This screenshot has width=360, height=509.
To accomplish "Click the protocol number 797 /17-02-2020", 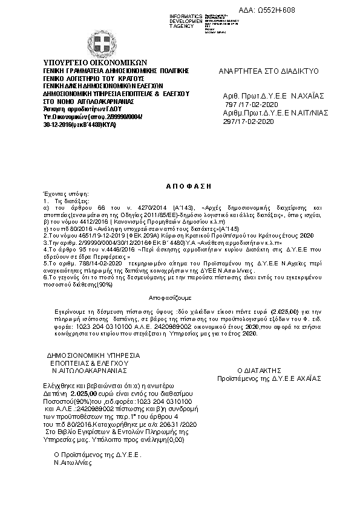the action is click(x=249, y=104).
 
